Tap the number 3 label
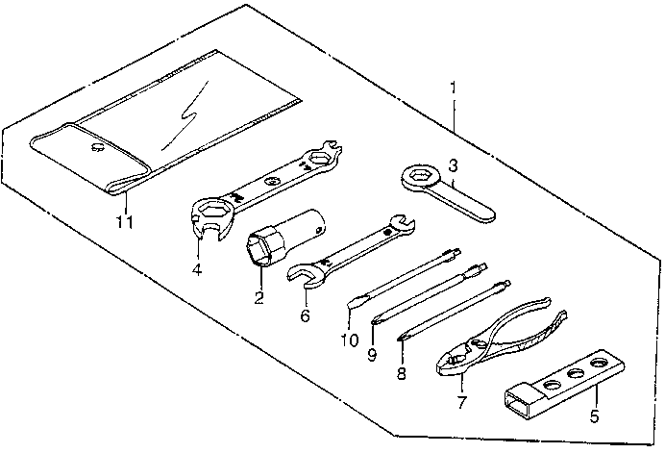click(453, 165)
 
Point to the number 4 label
click(196, 269)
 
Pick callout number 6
click(306, 314)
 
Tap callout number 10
click(348, 340)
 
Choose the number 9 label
click(371, 353)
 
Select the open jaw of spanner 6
click(303, 275)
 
